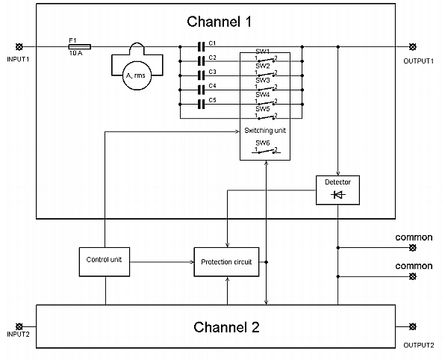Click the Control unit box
coord(105,261)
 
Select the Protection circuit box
coord(226,261)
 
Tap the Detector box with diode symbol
coord(337,190)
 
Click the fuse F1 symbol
coord(75,46)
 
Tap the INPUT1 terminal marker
coord(18,46)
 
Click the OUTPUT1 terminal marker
coord(414,46)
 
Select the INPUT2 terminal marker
coord(19,326)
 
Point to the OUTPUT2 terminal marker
coord(414,326)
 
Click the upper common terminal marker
coord(414,247)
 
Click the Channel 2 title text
coord(226,326)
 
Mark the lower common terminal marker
coord(414,276)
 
